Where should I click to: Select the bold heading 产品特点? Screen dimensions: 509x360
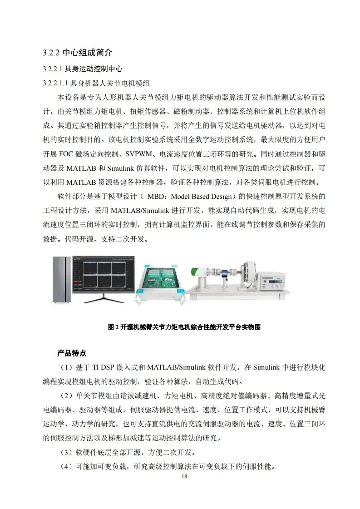[72, 353]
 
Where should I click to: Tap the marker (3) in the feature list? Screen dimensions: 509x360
[66, 453]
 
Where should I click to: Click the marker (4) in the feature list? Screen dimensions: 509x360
[66, 467]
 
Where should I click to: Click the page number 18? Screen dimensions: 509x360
[184, 476]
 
